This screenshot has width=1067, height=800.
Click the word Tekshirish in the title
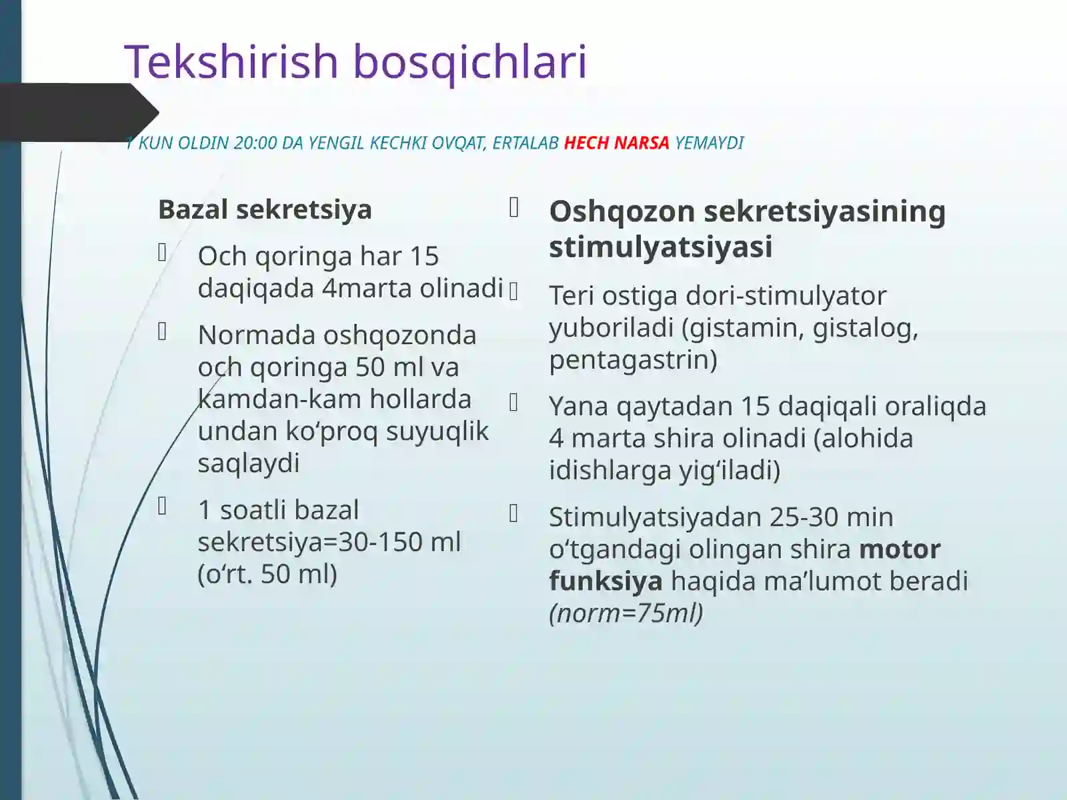point(232,61)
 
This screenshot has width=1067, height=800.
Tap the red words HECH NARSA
point(616,143)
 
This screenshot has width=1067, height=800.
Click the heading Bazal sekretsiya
point(265,209)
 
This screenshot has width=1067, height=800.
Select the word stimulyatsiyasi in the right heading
point(660,247)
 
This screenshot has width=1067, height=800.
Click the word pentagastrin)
point(633,359)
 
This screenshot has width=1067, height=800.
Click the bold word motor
point(900,549)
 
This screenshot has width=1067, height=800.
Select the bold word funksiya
point(606,581)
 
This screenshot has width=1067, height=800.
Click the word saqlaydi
point(249,463)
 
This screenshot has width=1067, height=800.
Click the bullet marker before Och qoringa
point(162,252)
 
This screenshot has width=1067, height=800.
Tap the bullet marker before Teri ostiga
point(513,291)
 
